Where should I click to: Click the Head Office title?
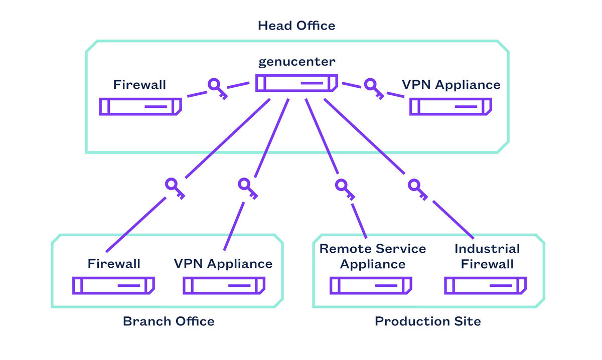(x=296, y=26)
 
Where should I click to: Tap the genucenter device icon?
(x=296, y=83)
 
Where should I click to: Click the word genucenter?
(x=296, y=62)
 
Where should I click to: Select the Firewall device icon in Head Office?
(x=140, y=107)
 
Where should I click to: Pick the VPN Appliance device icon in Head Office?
(x=450, y=107)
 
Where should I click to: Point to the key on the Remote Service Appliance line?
(x=345, y=188)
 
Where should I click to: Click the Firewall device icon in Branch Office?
(x=113, y=285)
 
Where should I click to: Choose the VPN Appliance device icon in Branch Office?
(x=224, y=285)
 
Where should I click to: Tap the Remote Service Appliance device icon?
(x=371, y=285)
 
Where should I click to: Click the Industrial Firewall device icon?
(x=486, y=285)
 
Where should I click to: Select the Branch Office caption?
(x=169, y=321)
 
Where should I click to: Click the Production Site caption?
(x=428, y=321)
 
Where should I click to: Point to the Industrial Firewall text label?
(x=487, y=256)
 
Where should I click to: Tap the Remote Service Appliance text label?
(x=373, y=256)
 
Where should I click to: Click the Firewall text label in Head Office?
(x=139, y=85)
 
